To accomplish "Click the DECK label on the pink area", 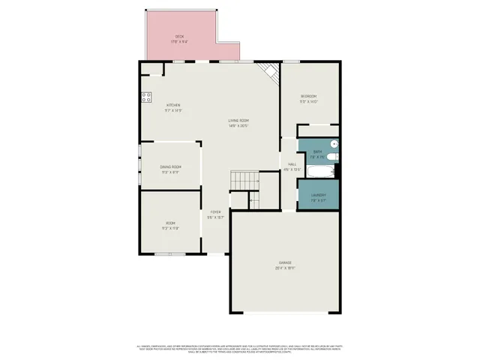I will click(x=180, y=36).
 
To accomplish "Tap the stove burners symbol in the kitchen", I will click(x=146, y=96).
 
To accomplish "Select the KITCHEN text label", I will click(x=173, y=105).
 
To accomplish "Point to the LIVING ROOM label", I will click(x=239, y=121).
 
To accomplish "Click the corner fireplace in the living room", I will click(x=268, y=72).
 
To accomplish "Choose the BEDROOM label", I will click(x=308, y=96).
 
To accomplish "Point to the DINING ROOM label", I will click(x=170, y=166).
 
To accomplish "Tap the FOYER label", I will click(x=215, y=212).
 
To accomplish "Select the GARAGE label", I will click(x=285, y=262).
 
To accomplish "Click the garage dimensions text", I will click(x=285, y=268).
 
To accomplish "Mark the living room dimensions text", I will click(x=239, y=126).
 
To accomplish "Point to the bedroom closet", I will click(x=319, y=130).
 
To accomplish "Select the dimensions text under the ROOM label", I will click(x=170, y=229).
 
